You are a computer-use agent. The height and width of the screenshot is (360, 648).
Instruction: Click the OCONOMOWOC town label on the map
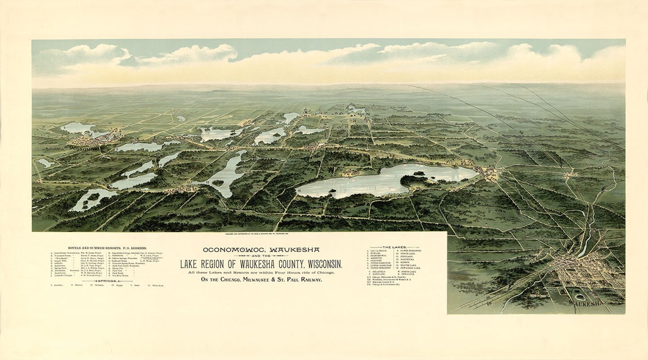click(x=86, y=147)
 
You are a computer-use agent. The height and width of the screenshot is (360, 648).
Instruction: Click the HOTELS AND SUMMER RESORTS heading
click(x=107, y=248)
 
